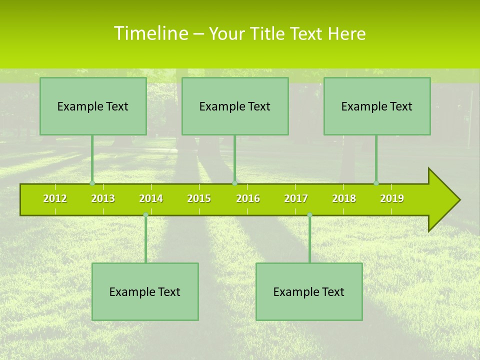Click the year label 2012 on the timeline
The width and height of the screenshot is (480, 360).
click(x=55, y=198)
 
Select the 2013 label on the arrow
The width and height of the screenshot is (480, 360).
click(x=103, y=198)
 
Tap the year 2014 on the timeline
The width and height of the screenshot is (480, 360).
click(x=151, y=198)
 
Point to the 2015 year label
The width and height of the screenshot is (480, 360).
click(x=199, y=198)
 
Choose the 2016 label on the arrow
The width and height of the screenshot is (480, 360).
click(x=248, y=198)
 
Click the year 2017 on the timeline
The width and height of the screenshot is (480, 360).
click(x=296, y=198)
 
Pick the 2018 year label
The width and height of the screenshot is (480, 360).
click(x=344, y=198)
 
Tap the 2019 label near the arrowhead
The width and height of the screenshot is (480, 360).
click(x=392, y=198)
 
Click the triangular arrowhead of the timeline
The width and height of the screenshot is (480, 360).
click(x=442, y=200)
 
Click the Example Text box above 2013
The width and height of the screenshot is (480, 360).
click(x=93, y=106)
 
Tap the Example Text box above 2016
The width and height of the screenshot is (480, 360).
click(x=235, y=106)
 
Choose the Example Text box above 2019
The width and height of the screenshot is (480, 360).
click(x=377, y=106)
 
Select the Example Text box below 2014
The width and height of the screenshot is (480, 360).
click(x=145, y=291)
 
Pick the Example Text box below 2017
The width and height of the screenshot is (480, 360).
click(x=309, y=291)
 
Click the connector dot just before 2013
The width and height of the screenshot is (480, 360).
click(x=92, y=183)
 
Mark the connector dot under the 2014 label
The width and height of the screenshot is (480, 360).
click(x=145, y=214)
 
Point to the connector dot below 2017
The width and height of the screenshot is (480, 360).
click(x=309, y=214)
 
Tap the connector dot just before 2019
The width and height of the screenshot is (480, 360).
click(x=376, y=183)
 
